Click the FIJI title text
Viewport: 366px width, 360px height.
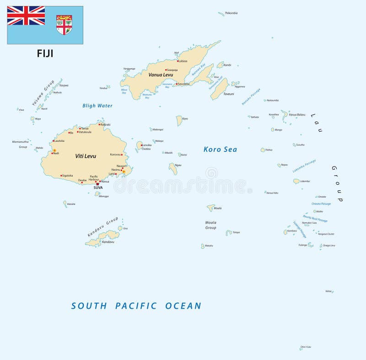45,54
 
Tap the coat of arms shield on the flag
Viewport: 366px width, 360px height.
64,25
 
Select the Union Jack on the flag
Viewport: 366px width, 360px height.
26,16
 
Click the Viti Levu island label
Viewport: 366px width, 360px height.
86,156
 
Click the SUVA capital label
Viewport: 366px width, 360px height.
98,188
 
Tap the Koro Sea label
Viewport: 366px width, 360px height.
220,149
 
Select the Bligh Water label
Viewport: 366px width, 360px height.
97,106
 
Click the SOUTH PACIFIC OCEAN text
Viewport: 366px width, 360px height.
136,306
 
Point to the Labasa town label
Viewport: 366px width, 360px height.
183,61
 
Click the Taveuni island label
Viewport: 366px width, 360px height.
228,94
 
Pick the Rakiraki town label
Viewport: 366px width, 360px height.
105,124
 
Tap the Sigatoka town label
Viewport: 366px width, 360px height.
67,176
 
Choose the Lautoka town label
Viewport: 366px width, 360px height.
59,141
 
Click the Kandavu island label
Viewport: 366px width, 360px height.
108,242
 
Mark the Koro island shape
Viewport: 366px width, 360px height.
179,120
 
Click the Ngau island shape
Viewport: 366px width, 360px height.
173,169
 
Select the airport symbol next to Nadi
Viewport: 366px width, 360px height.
54,150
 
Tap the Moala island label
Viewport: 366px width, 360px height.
218,208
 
